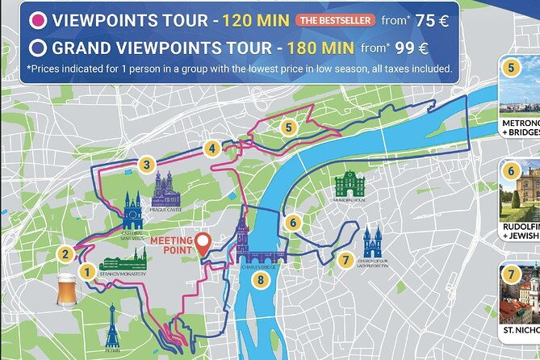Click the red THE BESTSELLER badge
point(335,19)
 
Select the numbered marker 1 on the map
point(86,274)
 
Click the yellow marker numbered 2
point(65,254)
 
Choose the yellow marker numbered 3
point(145,165)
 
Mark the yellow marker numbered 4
point(211,148)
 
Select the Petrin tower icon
point(112,327)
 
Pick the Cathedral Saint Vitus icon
point(132,211)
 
